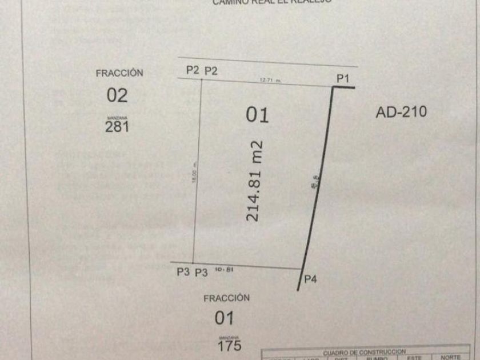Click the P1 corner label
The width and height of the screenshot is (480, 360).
[342, 79]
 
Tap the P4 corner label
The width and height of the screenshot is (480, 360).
[310, 279]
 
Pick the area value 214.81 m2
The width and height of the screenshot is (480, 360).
[253, 180]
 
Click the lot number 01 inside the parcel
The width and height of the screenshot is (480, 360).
[257, 115]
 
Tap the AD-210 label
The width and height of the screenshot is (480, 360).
[401, 112]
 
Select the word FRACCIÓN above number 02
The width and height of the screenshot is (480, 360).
[119, 73]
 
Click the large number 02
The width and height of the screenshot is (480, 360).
[117, 95]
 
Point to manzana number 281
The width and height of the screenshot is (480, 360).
[117, 127]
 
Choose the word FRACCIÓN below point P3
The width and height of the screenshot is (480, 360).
[227, 298]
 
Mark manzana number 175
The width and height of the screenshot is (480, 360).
[229, 345]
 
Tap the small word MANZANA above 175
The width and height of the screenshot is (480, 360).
[228, 337]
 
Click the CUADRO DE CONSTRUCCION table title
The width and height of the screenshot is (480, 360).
[364, 352]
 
